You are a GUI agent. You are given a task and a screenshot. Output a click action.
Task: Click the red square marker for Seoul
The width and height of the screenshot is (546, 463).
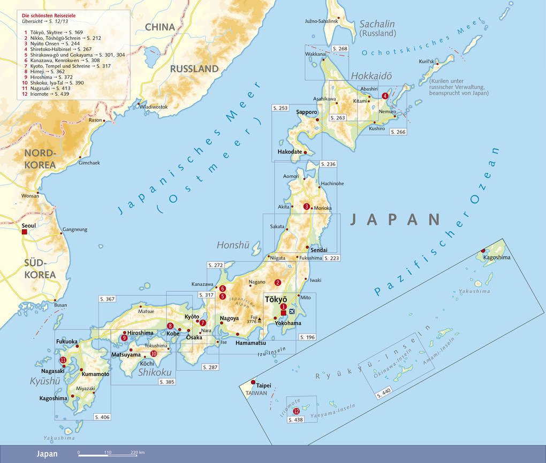(x=24, y=232)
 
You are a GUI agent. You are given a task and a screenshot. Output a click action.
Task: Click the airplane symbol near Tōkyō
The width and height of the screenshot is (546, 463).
(x=292, y=311)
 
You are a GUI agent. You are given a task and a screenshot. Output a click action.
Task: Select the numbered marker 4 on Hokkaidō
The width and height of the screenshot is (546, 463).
(x=385, y=96)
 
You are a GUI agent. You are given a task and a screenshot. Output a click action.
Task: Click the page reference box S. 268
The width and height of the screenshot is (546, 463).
(x=340, y=49)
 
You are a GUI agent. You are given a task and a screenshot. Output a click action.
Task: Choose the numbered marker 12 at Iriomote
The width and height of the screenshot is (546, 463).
(x=296, y=411)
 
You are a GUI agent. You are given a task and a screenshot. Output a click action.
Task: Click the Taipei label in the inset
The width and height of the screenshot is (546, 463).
(x=264, y=385)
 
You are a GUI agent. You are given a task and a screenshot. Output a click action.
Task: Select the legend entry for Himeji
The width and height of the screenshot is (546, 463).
(x=39, y=71)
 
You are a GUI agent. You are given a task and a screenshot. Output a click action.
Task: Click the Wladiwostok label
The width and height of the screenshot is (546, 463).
(x=154, y=107)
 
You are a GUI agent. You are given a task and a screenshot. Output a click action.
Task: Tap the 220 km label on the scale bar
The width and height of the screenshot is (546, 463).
(x=138, y=453)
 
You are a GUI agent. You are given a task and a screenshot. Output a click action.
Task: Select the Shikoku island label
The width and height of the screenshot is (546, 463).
(x=155, y=373)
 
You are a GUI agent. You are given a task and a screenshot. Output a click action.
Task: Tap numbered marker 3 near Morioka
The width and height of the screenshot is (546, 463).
(x=306, y=207)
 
